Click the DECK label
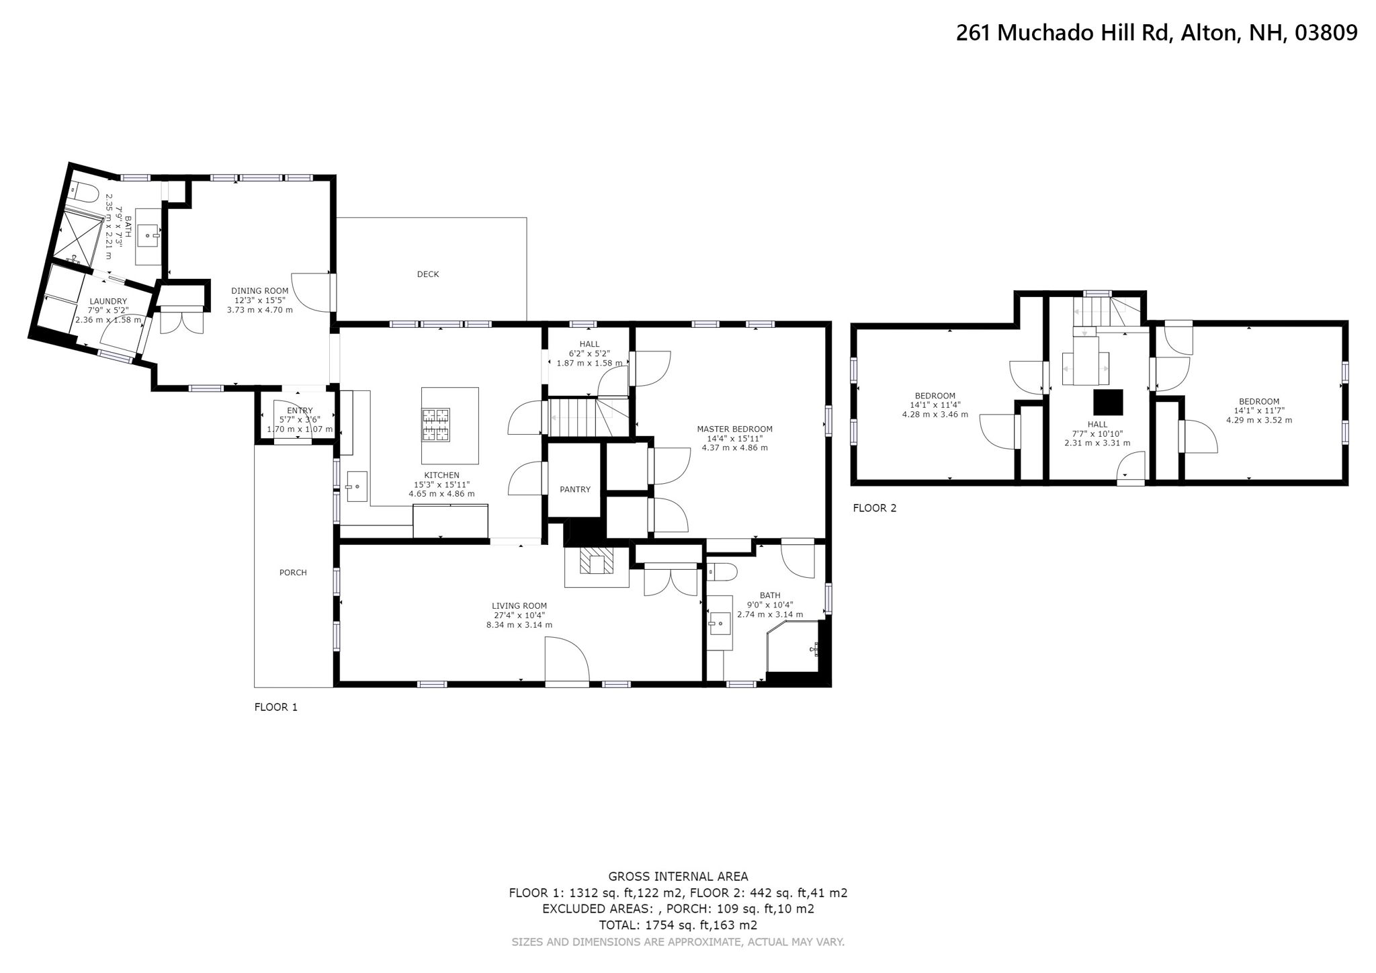pos(427,274)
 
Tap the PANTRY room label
pos(574,489)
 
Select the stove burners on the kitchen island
pos(435,425)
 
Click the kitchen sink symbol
pos(357,486)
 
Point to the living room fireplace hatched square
pos(597,561)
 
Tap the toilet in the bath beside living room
pos(723,573)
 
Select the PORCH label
pos(293,573)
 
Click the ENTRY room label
pos(300,411)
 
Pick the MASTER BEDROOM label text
pos(734,429)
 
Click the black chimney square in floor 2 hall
pos(1108,403)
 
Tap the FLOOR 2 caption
pos(874,508)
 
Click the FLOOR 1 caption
pos(275,707)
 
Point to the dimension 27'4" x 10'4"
pos(519,615)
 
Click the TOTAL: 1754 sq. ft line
pos(677,925)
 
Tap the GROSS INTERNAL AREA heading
pos(677,876)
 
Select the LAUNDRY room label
pos(107,301)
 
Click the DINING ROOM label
pos(259,291)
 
